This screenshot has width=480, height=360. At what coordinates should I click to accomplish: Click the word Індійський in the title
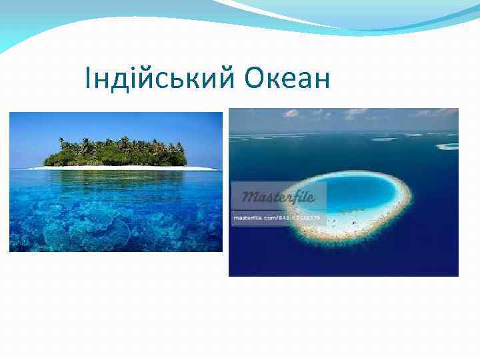[161, 79]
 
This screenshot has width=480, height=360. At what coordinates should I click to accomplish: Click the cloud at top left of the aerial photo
[291, 113]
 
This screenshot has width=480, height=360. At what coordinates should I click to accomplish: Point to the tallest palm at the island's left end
[61, 143]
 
